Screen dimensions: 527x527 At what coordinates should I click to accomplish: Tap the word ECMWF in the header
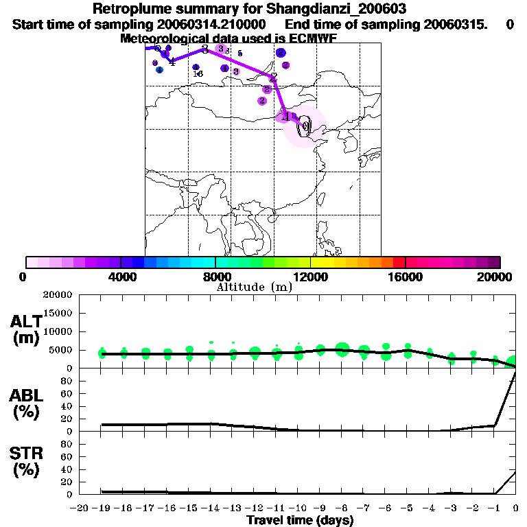pos(313,38)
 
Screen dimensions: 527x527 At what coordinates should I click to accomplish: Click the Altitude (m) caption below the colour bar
pos(254,287)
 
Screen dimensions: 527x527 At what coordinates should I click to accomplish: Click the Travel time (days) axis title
pos(300,520)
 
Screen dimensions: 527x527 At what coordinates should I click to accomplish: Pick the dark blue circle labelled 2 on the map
pos(281,53)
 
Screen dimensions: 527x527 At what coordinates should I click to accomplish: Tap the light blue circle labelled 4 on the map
pos(159,69)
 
